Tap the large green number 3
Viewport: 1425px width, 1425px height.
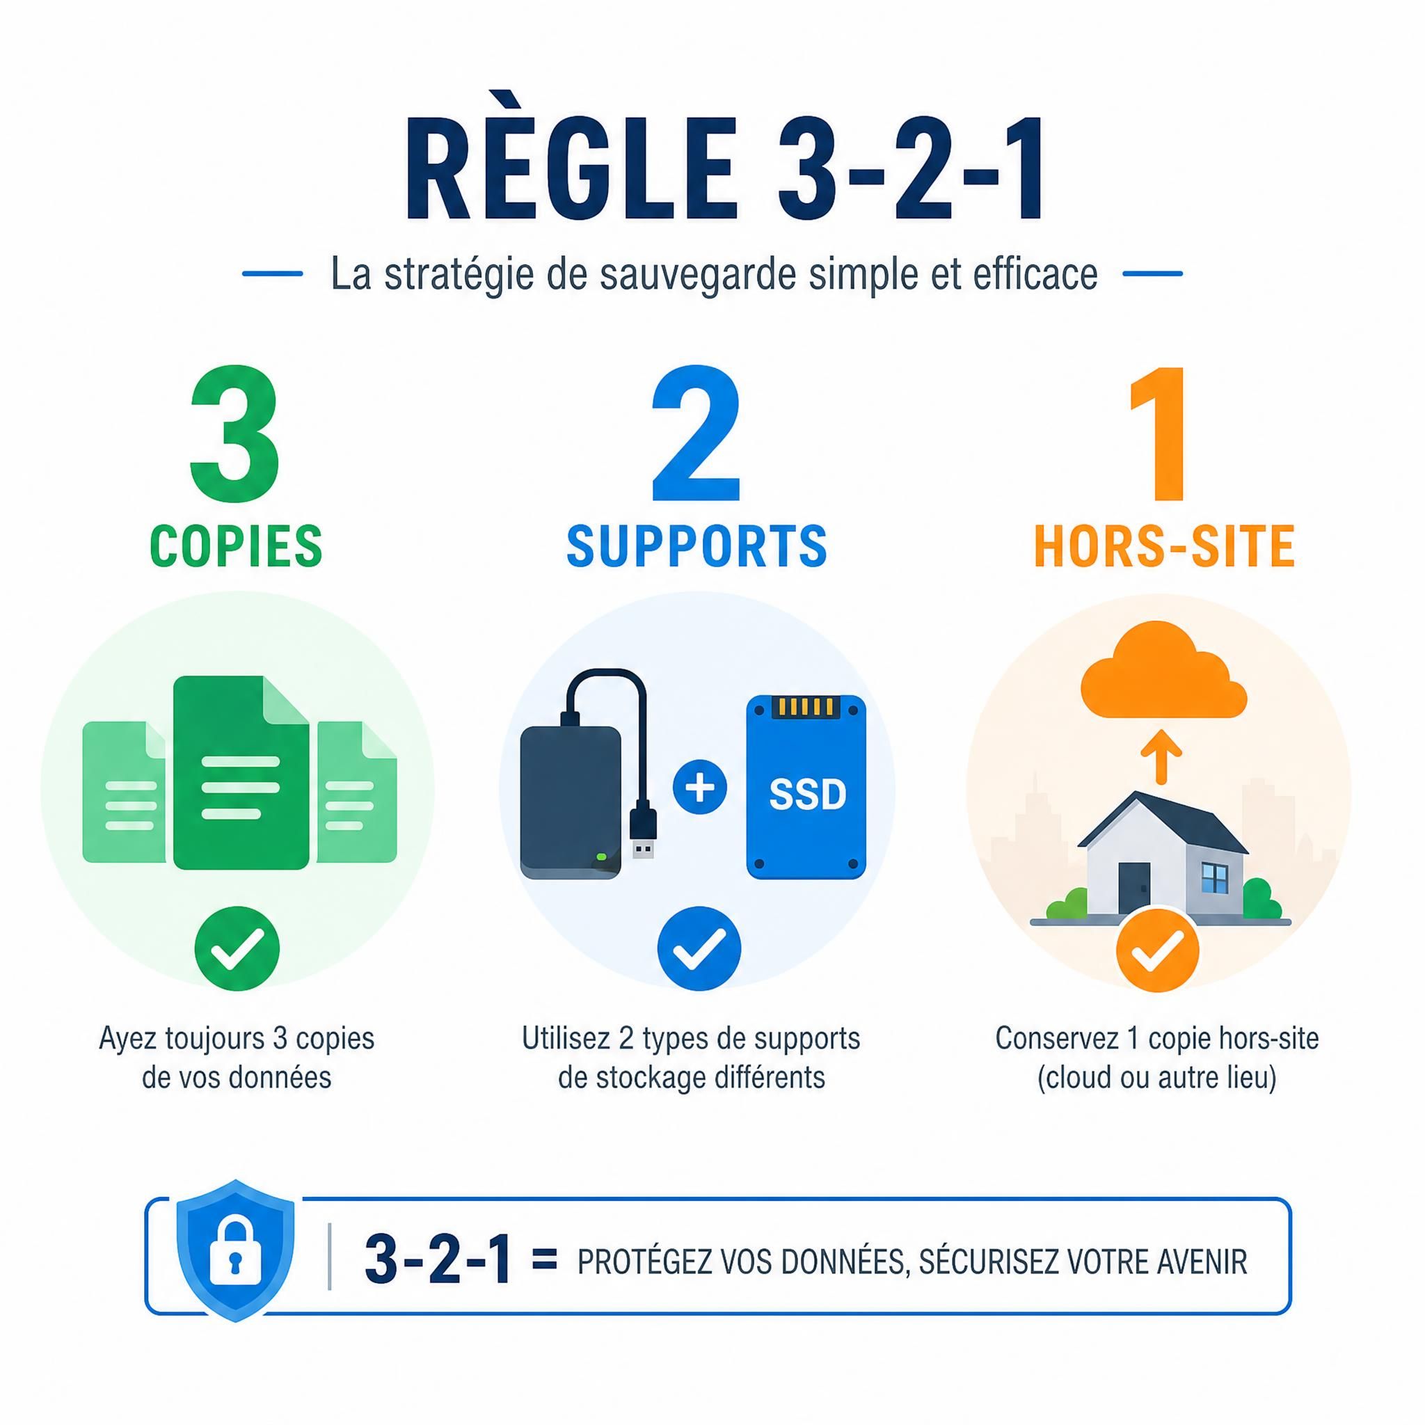[235, 433]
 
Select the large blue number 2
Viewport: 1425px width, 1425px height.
[696, 433]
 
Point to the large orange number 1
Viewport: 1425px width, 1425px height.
[1160, 433]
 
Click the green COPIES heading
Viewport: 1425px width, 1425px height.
[236, 546]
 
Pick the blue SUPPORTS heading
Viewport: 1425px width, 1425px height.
[697, 546]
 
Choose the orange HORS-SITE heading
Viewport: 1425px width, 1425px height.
[1165, 546]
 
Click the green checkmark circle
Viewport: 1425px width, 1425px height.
[237, 948]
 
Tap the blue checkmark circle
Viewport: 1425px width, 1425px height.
[699, 948]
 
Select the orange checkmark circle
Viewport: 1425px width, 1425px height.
[1157, 950]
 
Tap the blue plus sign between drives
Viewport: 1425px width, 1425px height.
[700, 787]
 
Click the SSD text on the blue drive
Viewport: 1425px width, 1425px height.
[808, 795]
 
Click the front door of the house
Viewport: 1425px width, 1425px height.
[1134, 888]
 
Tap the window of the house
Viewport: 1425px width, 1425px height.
[1214, 877]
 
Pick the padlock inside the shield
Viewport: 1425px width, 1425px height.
[235, 1258]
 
